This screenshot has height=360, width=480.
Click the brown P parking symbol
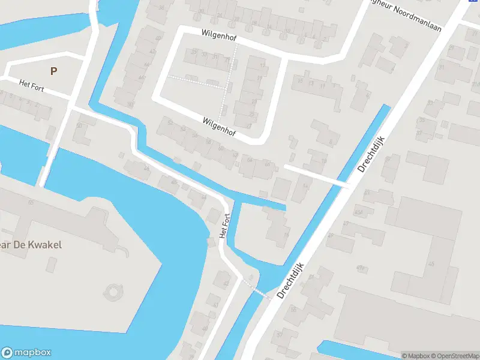[x=54, y=71]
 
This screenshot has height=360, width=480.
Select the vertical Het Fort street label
[x=225, y=226]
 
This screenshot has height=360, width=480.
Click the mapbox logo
[x=26, y=353]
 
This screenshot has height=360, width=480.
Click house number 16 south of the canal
[x=286, y=235]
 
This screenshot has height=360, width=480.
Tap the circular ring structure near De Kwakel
[x=112, y=293]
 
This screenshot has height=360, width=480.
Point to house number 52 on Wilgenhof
[x=170, y=123]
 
